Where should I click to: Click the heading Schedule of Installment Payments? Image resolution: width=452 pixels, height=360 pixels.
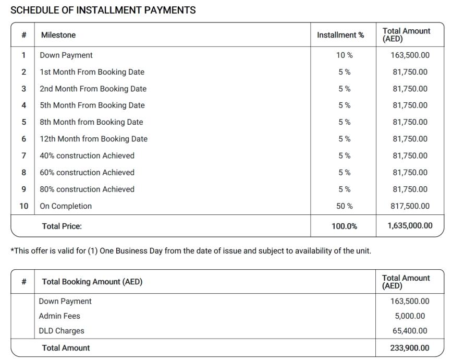(103, 10)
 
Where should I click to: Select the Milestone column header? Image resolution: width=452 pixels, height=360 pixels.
(58, 35)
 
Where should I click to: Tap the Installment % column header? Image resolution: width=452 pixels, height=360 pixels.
(340, 35)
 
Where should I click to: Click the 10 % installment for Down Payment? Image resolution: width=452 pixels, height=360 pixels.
(344, 55)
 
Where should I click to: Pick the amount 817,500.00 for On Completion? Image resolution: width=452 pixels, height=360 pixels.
(410, 206)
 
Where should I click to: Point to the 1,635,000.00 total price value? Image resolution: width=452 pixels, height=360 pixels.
(410, 226)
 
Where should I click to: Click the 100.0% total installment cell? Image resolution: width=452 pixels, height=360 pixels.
(344, 226)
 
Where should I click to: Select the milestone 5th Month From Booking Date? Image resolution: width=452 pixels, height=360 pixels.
(92, 105)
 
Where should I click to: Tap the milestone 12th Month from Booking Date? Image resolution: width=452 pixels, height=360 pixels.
(93, 139)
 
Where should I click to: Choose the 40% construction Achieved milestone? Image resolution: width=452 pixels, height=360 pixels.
(87, 155)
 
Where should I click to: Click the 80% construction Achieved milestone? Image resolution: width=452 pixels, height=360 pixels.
(87, 189)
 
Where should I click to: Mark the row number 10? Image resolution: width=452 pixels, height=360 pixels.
(24, 206)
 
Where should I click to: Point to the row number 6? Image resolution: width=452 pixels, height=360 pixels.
(24, 139)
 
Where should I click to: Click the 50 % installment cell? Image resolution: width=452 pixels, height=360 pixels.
(344, 206)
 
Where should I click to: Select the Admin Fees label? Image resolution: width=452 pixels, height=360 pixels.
(59, 316)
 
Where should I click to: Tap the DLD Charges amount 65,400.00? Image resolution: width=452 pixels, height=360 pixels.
(410, 331)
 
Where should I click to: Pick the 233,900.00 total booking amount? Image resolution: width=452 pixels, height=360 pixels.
(410, 348)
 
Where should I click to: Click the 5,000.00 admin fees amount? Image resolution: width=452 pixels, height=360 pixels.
(410, 316)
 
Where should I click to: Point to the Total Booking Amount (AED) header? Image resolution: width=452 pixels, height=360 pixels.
(92, 282)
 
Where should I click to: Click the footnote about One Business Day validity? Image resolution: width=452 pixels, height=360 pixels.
(191, 251)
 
